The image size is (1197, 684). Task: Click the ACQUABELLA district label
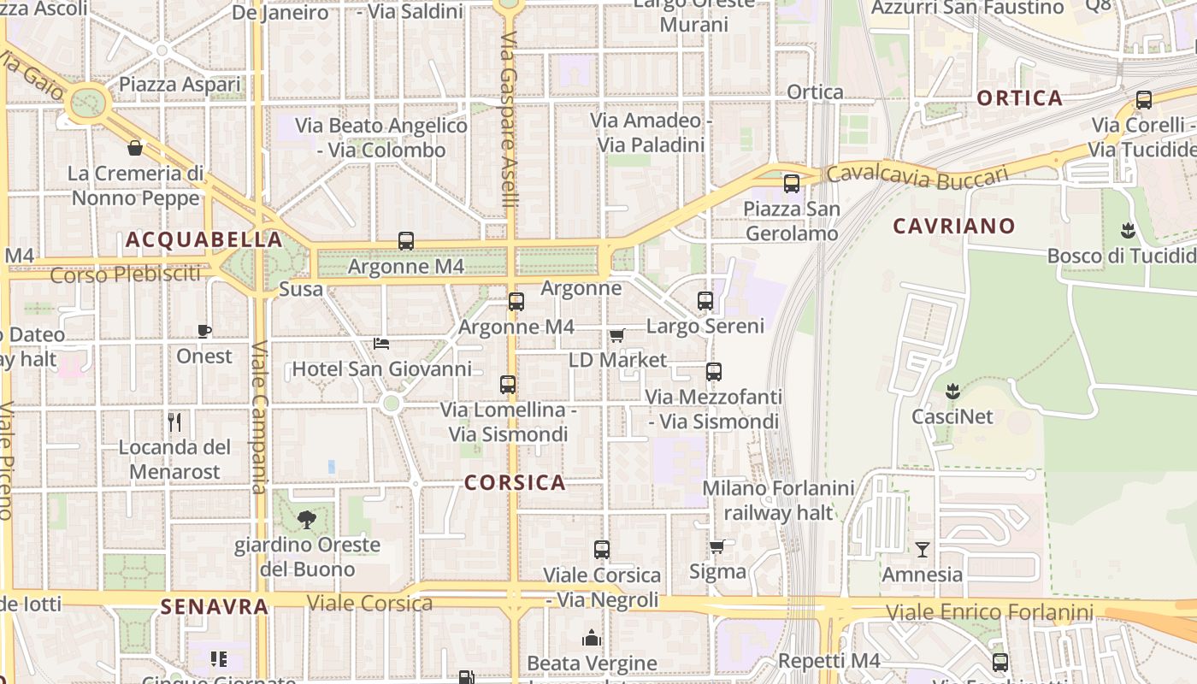203,239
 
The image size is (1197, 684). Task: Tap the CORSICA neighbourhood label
515,482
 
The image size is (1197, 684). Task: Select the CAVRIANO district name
954,227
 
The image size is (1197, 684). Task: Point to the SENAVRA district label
215,607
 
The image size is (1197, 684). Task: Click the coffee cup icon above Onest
204,331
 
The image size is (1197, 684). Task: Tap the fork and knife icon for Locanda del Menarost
174,422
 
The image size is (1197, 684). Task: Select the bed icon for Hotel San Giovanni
382,344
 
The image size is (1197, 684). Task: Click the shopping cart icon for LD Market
617,335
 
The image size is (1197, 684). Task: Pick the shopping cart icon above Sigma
717,546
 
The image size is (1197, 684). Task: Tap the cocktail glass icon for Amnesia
923,549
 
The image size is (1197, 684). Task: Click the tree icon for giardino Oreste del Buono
306,519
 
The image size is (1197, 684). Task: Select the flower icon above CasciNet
952,392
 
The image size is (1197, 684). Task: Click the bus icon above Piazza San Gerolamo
792,183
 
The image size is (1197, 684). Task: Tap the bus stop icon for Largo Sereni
705,301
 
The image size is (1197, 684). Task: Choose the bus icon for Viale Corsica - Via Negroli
602,550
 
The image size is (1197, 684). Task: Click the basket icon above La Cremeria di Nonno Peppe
135,148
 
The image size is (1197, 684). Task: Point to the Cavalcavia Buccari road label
917,175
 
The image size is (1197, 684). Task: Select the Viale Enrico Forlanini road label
989,612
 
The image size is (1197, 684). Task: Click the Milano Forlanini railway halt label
778,500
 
